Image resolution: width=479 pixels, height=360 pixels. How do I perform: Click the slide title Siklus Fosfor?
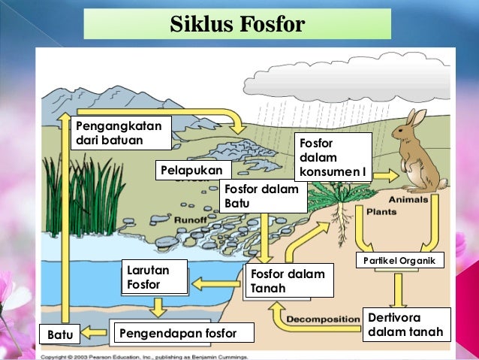click(237, 24)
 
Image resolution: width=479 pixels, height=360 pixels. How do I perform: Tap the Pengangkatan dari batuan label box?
click(120, 132)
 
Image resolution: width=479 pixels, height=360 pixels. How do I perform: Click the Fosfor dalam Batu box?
click(264, 197)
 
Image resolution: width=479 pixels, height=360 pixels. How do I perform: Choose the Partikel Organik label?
click(399, 261)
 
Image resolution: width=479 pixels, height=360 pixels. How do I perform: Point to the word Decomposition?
click(324, 319)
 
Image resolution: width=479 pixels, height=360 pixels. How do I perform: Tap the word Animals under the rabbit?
click(409, 200)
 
